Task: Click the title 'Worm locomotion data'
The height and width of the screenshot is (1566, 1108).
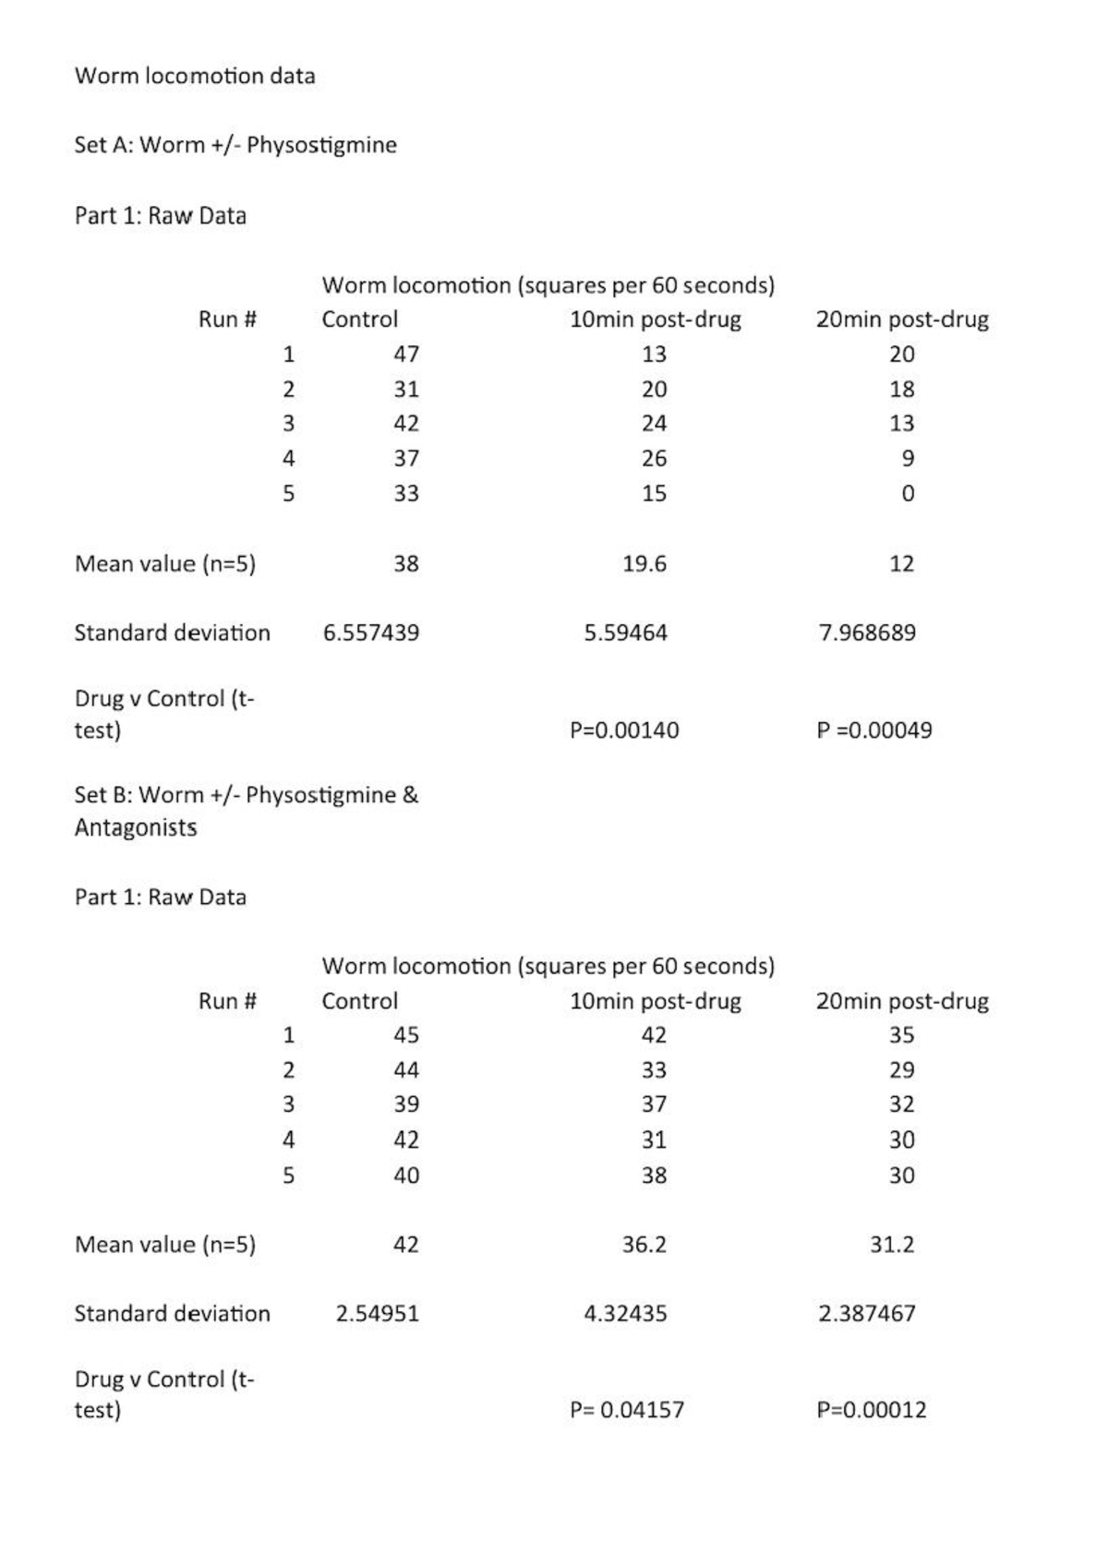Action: point(195,76)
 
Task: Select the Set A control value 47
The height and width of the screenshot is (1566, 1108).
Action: point(406,355)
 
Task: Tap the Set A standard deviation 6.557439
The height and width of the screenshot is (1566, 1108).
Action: point(371,633)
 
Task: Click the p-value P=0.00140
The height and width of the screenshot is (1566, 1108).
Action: point(624,730)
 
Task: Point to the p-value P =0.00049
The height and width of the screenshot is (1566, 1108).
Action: point(874,730)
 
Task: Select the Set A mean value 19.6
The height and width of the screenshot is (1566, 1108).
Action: point(644,564)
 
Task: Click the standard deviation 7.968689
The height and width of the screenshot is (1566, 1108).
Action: point(867,633)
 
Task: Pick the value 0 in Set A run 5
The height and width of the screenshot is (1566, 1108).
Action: point(908,494)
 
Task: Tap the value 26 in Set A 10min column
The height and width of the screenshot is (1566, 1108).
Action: point(654,459)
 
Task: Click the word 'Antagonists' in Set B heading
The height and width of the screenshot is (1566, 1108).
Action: point(136,827)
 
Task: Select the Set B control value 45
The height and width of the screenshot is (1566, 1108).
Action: point(406,1035)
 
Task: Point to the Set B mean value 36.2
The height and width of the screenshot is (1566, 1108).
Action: point(644,1245)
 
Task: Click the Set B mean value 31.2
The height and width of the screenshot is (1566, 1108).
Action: point(892,1245)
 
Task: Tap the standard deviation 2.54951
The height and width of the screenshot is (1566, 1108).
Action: point(377,1314)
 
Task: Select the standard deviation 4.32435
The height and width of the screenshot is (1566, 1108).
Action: point(625,1314)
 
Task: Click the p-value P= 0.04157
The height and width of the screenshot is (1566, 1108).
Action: point(627,1410)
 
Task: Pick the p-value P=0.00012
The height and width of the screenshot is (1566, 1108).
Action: point(872,1410)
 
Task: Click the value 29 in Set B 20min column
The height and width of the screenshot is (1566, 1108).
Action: point(902,1070)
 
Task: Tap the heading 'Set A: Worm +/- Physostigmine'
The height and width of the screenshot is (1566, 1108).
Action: point(235,145)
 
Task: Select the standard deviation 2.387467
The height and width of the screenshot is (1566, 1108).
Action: point(867,1314)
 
